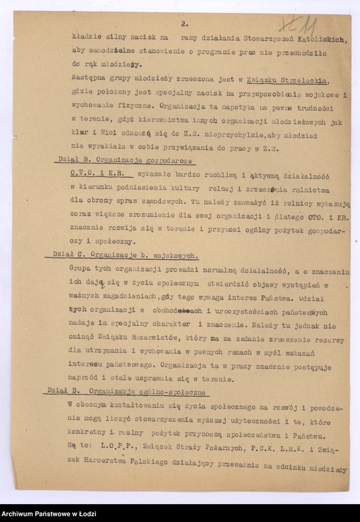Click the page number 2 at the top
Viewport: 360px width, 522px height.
click(185, 24)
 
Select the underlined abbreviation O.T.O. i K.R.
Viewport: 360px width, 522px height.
click(96, 175)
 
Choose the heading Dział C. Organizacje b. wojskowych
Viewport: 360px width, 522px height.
click(122, 255)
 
